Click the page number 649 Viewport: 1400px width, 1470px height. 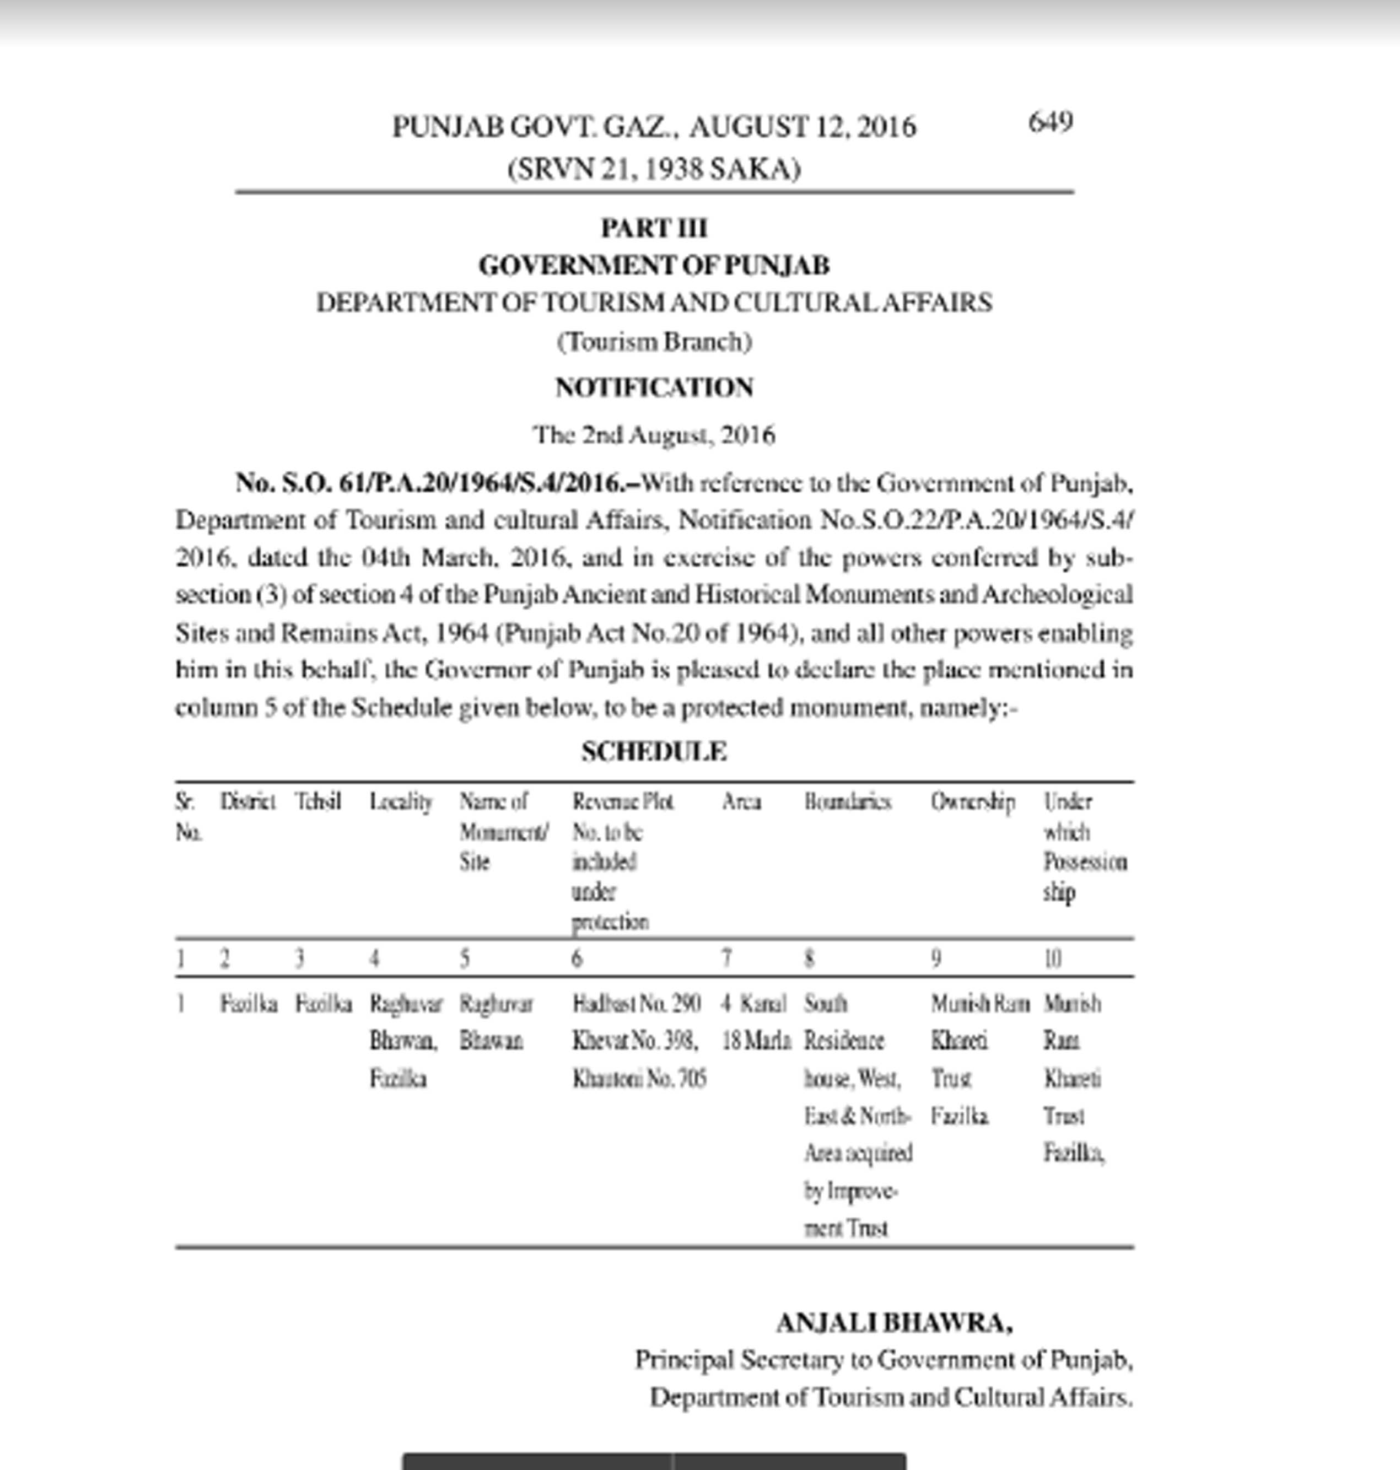(x=1050, y=122)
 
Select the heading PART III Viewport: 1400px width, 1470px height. (x=654, y=228)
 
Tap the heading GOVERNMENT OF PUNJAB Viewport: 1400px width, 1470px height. (x=654, y=265)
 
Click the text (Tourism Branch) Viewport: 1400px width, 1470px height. (x=654, y=342)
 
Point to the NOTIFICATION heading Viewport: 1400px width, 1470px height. (x=654, y=387)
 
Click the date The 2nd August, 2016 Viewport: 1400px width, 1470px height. (x=654, y=434)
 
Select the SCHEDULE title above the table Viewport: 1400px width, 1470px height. (x=654, y=751)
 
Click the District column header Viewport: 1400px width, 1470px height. (x=247, y=801)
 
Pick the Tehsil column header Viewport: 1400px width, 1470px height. (x=318, y=801)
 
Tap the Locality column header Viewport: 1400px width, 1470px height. (x=401, y=802)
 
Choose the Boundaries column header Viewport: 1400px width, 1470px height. (x=847, y=801)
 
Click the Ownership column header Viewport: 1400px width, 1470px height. (x=972, y=802)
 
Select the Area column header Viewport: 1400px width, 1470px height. (x=741, y=801)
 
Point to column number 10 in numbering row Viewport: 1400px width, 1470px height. (x=1052, y=958)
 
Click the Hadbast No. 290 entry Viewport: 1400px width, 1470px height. (x=636, y=1004)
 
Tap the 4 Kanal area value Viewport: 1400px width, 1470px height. (x=753, y=1004)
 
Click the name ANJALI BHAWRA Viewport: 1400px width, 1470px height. (x=894, y=1323)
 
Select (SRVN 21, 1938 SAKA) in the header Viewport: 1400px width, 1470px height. (x=654, y=169)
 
